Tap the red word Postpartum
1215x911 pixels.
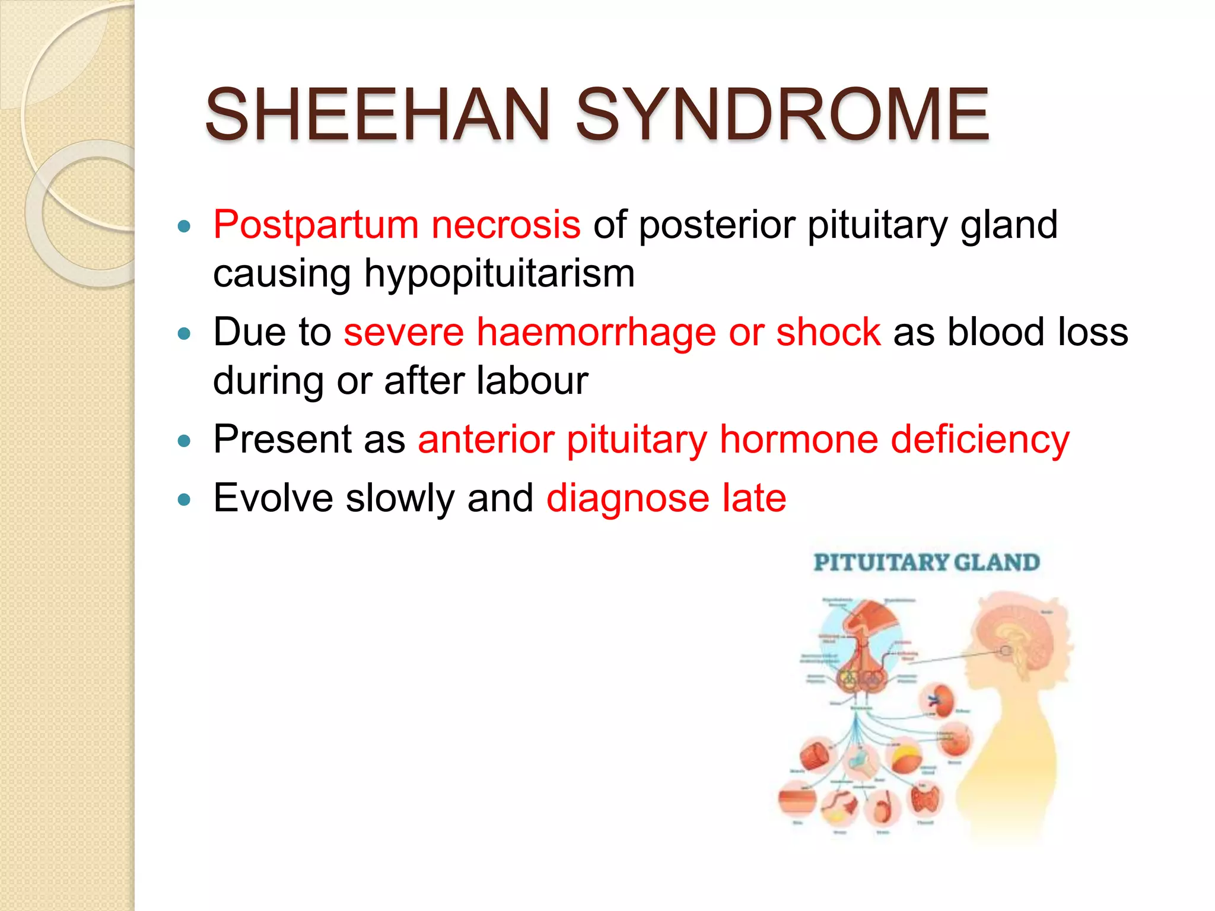tap(316, 225)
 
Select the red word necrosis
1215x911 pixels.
tap(505, 225)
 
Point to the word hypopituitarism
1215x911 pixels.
tap(499, 274)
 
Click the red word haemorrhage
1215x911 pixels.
tap(596, 332)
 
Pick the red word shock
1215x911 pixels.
tap(828, 332)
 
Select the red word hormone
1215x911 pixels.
tap(799, 440)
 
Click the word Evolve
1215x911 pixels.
tap(273, 498)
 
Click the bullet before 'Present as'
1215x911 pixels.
tap(185, 441)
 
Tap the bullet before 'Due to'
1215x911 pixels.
tap(185, 333)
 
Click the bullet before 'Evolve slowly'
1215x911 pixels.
tap(185, 499)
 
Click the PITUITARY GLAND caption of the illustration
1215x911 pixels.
tap(926, 562)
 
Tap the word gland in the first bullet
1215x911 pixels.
tap(1009, 225)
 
